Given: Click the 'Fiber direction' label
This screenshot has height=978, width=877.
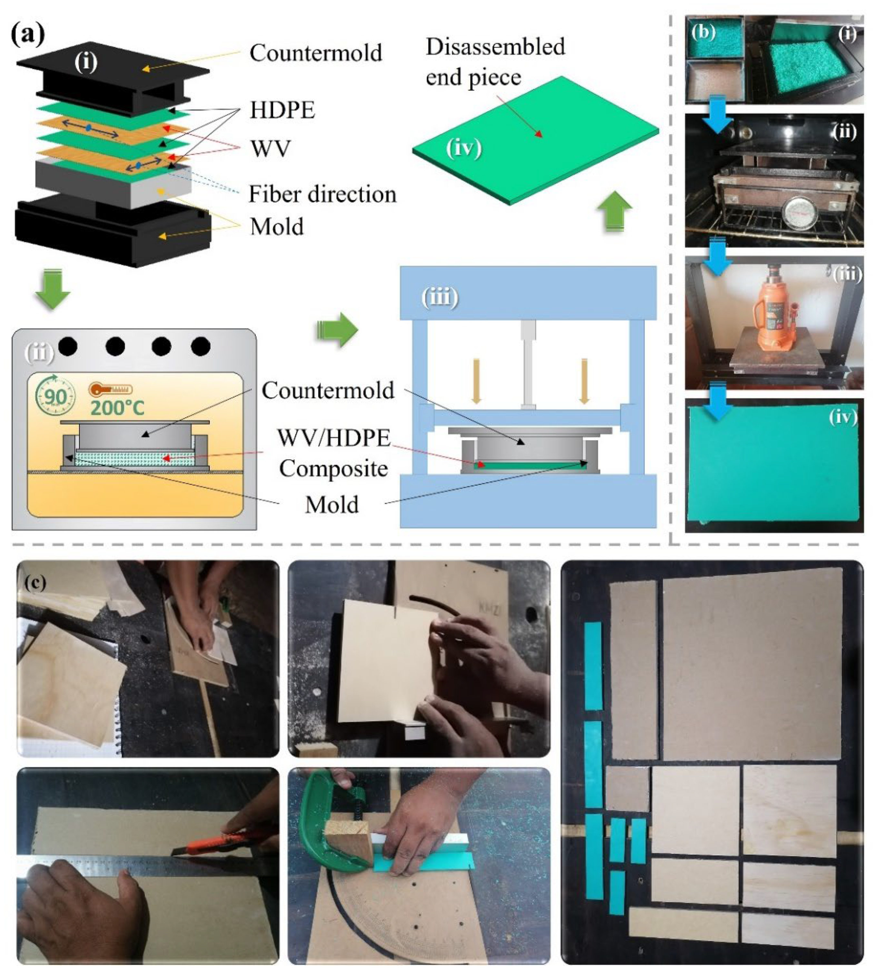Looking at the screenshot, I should click(x=322, y=194).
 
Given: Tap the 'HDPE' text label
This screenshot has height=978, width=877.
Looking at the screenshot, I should click(x=282, y=110).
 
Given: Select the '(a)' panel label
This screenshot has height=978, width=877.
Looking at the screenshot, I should click(x=28, y=35).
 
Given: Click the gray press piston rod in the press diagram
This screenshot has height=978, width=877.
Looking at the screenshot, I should click(x=528, y=364).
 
